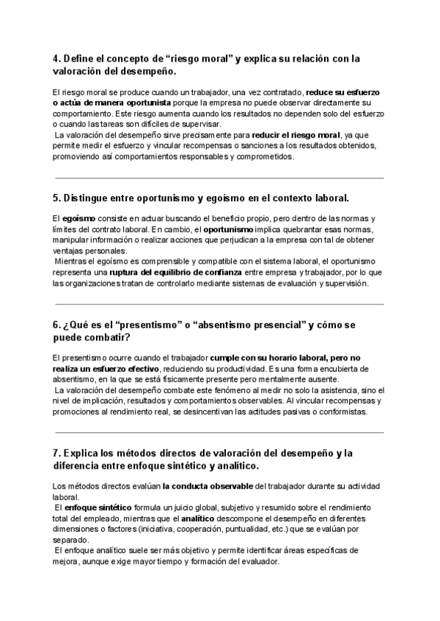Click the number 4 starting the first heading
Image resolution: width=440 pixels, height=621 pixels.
click(56, 59)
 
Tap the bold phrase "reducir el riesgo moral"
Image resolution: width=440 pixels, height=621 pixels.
click(296, 135)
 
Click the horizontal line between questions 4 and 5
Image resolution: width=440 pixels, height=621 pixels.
click(219, 178)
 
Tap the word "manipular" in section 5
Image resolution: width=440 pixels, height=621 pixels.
click(73, 240)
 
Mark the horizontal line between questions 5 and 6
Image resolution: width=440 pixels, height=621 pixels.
click(219, 304)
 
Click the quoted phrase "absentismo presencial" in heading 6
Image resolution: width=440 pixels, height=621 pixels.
click(256, 324)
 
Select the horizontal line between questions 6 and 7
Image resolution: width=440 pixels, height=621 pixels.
click(219, 432)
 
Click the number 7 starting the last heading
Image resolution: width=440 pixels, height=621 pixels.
click(56, 453)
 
